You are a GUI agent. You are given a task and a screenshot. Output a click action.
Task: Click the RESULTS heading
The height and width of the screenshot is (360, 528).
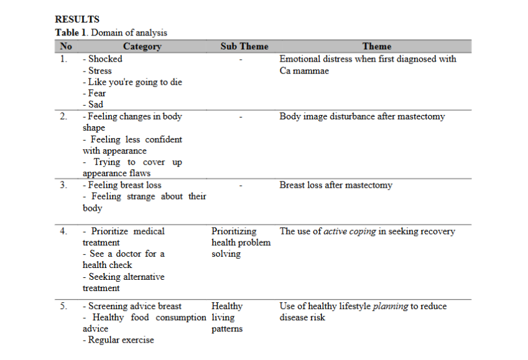point(77,19)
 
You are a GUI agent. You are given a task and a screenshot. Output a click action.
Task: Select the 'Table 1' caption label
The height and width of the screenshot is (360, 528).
point(71,32)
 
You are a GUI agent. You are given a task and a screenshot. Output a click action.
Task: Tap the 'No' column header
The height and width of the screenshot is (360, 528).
point(65,46)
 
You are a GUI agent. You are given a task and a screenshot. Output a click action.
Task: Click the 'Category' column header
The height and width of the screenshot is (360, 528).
point(142,46)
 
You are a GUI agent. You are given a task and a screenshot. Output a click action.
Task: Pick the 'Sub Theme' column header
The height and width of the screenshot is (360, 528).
point(244,46)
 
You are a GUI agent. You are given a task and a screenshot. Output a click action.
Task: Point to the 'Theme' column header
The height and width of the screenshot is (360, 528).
point(377,46)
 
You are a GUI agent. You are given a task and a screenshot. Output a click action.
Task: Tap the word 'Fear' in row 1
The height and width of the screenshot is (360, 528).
point(97,93)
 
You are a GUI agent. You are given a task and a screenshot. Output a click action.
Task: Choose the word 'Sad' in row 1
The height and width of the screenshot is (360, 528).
point(96,104)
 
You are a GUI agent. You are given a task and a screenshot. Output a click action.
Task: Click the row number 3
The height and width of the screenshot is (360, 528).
point(63,185)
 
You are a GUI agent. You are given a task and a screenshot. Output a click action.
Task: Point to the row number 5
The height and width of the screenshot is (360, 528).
point(63,306)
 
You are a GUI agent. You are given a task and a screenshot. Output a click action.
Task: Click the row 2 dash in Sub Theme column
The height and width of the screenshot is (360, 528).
point(240,116)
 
